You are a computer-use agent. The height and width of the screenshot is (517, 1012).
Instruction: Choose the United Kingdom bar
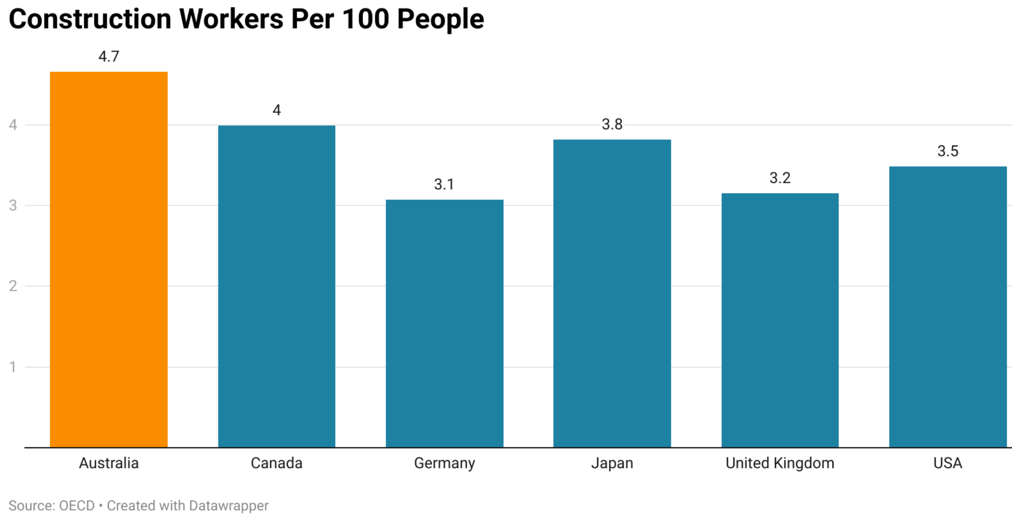(780, 320)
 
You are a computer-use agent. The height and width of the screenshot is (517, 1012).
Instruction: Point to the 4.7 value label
(109, 57)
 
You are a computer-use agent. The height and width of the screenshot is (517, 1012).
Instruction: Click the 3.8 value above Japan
(612, 125)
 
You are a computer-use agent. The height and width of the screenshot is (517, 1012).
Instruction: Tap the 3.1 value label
(444, 185)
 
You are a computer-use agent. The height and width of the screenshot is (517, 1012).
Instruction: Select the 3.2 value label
(780, 178)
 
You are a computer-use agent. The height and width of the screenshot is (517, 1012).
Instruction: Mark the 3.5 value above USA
(947, 151)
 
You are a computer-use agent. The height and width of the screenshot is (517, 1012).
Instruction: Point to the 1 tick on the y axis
(13, 367)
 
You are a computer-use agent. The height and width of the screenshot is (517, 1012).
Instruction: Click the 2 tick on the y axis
(13, 286)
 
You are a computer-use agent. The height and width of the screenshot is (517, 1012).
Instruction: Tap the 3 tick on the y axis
(13, 205)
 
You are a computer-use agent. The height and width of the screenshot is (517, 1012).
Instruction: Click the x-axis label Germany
(444, 463)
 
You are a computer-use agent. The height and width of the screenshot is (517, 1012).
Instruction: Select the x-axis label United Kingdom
(780, 463)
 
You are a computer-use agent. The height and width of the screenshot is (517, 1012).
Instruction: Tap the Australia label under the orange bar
(109, 463)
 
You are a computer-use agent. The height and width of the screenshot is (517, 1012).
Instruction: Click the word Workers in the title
(231, 19)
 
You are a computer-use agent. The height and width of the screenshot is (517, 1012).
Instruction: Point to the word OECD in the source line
(77, 506)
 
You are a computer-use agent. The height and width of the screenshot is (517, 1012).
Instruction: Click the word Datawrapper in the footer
(229, 506)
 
